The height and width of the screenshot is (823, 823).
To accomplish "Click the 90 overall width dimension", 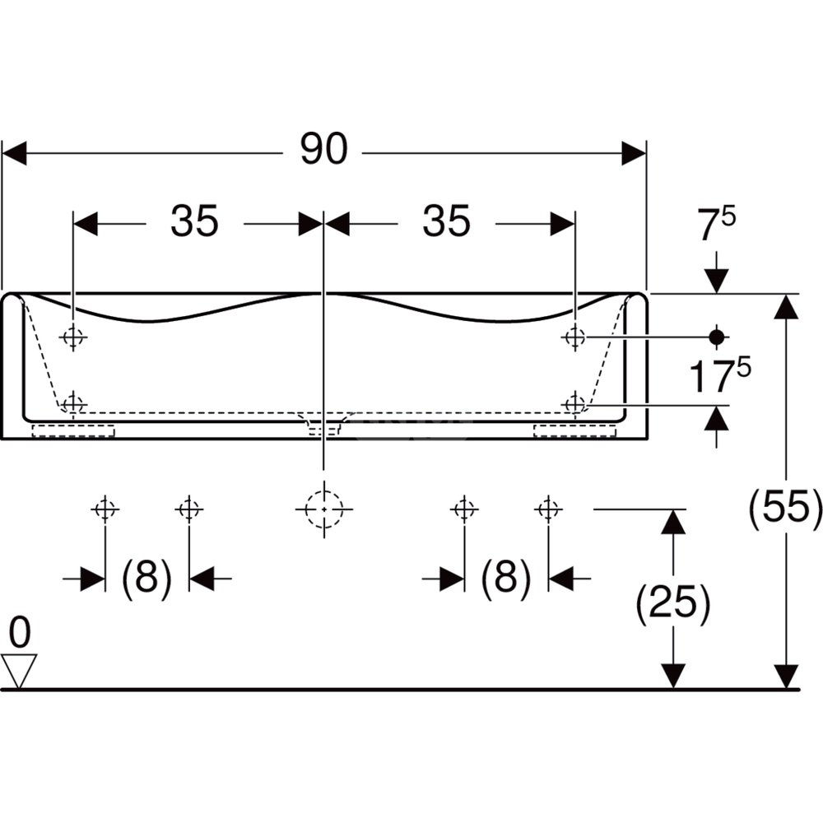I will click(323, 150).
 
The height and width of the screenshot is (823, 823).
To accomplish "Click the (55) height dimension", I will click(786, 508).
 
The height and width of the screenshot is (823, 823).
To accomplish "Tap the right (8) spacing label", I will click(505, 579).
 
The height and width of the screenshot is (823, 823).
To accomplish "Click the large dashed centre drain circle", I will click(323, 509).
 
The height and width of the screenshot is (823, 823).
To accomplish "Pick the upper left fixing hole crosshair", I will click(75, 337).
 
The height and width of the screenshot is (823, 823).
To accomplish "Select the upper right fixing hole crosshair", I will click(574, 337).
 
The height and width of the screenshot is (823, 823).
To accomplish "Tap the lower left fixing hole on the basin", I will click(75, 403).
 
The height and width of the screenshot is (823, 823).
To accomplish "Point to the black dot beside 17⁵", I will click(717, 337).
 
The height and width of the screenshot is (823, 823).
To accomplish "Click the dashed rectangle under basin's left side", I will click(73, 430).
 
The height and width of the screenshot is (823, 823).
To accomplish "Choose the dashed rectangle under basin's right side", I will click(574, 430).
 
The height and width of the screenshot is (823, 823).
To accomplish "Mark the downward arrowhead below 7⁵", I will click(717, 283).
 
